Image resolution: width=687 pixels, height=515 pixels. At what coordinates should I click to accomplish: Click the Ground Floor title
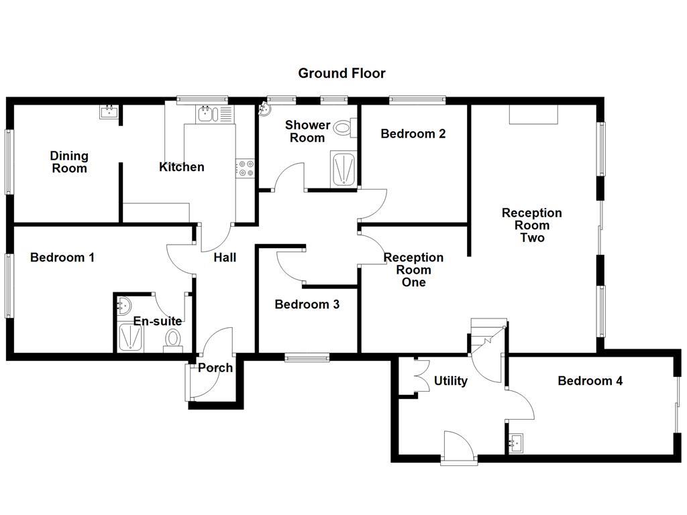(x=341, y=73)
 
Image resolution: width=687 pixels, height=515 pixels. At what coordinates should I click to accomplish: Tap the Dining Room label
(x=69, y=162)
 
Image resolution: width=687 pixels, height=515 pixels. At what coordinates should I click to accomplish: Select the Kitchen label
(x=181, y=167)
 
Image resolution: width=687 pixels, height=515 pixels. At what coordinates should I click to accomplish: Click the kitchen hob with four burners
(x=246, y=168)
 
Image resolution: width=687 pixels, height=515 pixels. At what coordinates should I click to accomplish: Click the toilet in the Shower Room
(x=344, y=127)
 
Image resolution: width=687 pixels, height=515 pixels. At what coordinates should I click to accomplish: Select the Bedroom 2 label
(x=413, y=133)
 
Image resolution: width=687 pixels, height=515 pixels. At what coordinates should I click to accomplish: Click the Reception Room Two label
(x=532, y=225)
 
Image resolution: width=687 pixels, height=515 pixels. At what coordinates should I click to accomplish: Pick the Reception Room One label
(x=413, y=270)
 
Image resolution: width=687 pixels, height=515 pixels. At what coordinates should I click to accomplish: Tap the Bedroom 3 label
(x=307, y=304)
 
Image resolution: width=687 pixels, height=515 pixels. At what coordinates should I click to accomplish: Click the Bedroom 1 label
(x=62, y=257)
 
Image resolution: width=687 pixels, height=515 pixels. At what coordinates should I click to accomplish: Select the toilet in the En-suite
(x=173, y=338)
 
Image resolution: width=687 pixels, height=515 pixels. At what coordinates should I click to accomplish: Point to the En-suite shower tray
(x=127, y=337)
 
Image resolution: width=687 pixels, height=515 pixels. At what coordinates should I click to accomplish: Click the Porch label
(x=215, y=367)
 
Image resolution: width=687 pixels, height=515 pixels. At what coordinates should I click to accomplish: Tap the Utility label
(x=450, y=381)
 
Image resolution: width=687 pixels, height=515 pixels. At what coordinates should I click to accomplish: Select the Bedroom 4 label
(x=590, y=381)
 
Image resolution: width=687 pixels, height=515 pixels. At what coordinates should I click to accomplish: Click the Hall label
(x=225, y=257)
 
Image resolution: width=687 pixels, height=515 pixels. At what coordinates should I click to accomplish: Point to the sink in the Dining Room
(x=109, y=112)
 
